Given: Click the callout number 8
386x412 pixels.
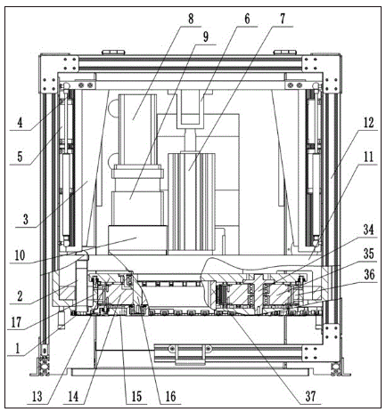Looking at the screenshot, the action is (x=191, y=19).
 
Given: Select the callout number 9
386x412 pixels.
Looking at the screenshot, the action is (x=205, y=36).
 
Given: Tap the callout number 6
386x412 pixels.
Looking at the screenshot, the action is (x=247, y=19).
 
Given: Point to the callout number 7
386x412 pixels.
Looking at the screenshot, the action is (x=283, y=19).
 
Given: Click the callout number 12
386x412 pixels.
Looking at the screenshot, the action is (x=368, y=122).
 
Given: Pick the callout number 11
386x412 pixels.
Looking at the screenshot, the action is (x=368, y=156).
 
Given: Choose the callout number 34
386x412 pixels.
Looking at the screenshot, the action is (x=368, y=230).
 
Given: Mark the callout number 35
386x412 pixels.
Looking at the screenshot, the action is (x=368, y=254).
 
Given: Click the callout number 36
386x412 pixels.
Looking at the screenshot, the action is (x=369, y=275).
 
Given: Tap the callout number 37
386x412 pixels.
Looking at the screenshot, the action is (x=310, y=396).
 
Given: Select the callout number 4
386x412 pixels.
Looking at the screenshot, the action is (x=20, y=123).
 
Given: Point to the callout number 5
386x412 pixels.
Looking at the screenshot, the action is (x=20, y=157).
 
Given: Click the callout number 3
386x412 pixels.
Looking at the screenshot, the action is (x=26, y=220).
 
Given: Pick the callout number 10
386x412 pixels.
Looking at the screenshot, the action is (x=20, y=255).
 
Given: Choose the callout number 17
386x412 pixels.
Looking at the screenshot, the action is (x=17, y=322).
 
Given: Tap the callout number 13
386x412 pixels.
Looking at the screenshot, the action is (x=37, y=397).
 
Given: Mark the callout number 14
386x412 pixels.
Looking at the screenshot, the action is (x=73, y=397).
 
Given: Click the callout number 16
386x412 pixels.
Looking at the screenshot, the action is (x=170, y=397).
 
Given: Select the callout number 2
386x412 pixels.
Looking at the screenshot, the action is (x=20, y=296).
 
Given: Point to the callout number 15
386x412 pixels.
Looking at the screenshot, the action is (x=136, y=397).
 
